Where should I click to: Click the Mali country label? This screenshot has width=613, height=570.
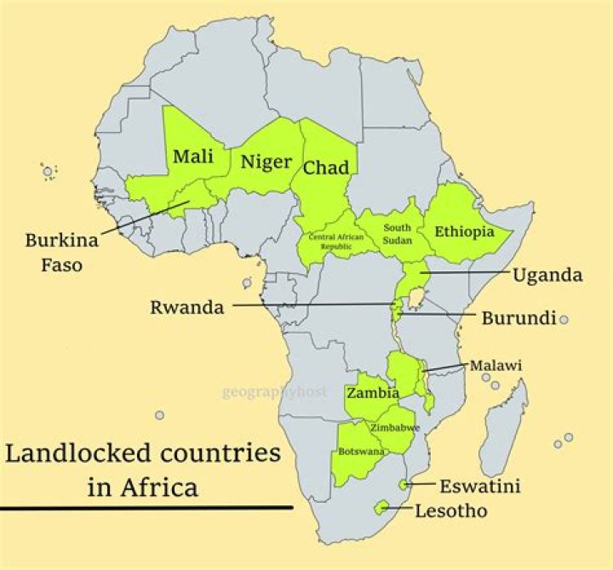coord(193,157)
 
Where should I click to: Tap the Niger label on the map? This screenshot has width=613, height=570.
coord(265,162)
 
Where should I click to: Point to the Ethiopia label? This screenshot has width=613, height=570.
coord(465,231)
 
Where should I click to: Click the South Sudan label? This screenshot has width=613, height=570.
coord(397,234)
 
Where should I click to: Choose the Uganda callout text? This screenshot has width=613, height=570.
coord(547,275)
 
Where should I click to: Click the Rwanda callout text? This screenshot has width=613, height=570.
coord(187,307)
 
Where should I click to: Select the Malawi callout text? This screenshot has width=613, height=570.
coord(496,366)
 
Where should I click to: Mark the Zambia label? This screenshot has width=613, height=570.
coord(373,394)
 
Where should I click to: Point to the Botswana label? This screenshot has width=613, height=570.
coord(359,450)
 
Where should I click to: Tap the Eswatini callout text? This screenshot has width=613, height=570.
coord(479,487)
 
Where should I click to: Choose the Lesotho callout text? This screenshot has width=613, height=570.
coord(451,511)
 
